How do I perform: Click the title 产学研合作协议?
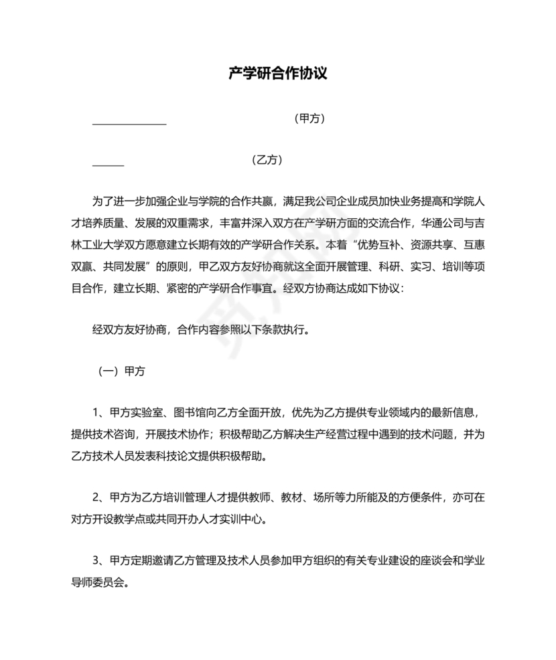(277, 74)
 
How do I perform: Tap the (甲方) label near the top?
(309, 118)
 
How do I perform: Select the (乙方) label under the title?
(266, 160)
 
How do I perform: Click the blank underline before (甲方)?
(129, 123)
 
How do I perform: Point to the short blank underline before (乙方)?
(108, 165)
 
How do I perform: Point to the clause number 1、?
(98, 412)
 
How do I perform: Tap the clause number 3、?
(98, 560)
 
